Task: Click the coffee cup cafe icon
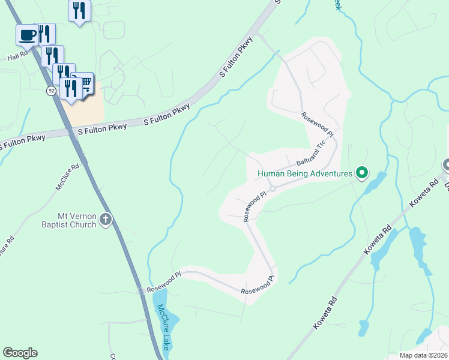27,35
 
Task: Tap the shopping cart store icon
85,82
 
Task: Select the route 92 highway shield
51,90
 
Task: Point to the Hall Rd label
18,57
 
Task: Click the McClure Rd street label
67,178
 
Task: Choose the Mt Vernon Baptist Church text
68,220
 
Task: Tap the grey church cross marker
106,220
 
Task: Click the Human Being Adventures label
304,174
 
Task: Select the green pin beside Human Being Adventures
362,173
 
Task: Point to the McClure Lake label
163,326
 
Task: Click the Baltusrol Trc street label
311,155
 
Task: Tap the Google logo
20,353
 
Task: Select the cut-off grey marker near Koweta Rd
445,164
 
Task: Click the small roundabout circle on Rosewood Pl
272,188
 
